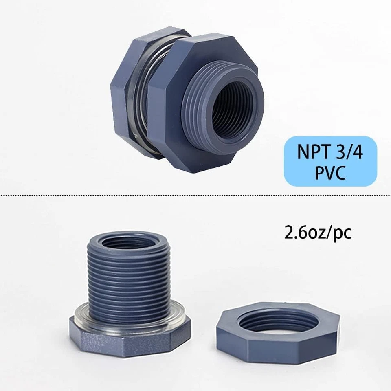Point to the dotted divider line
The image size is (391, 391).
click(195, 195)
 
